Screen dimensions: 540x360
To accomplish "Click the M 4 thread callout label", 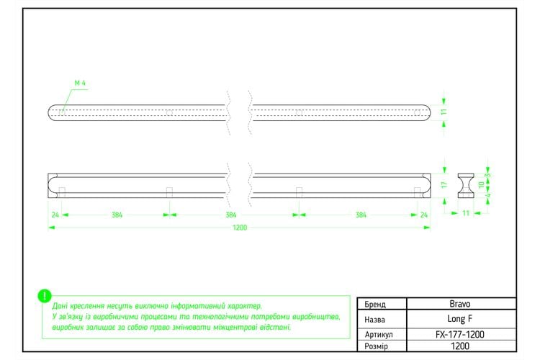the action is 80,83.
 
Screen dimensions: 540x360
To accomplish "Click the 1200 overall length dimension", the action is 240,228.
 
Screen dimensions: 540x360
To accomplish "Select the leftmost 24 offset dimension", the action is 55,215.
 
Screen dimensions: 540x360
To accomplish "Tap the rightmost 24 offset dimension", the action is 424,215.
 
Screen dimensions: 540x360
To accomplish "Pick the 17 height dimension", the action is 444,184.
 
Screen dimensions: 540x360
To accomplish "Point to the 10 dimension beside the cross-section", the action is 482,184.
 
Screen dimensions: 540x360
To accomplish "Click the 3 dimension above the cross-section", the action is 487,175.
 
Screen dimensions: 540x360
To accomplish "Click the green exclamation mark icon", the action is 45,296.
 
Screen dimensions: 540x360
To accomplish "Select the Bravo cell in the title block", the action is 460,304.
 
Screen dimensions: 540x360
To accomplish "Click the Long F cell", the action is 460,319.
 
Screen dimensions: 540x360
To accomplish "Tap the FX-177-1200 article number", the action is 460,334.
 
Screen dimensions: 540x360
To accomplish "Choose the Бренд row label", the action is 375,305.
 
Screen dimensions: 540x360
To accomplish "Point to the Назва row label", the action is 374,320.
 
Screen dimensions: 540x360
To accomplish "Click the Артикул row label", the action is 379,335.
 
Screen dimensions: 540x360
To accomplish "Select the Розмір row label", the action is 376,346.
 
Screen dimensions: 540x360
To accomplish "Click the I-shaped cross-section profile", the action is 466,186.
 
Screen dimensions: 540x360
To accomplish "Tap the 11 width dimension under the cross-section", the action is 466,213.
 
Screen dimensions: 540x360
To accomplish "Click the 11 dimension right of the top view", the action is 444,112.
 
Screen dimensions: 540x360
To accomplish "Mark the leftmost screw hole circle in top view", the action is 62,112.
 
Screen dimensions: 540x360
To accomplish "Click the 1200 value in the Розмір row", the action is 460,346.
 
